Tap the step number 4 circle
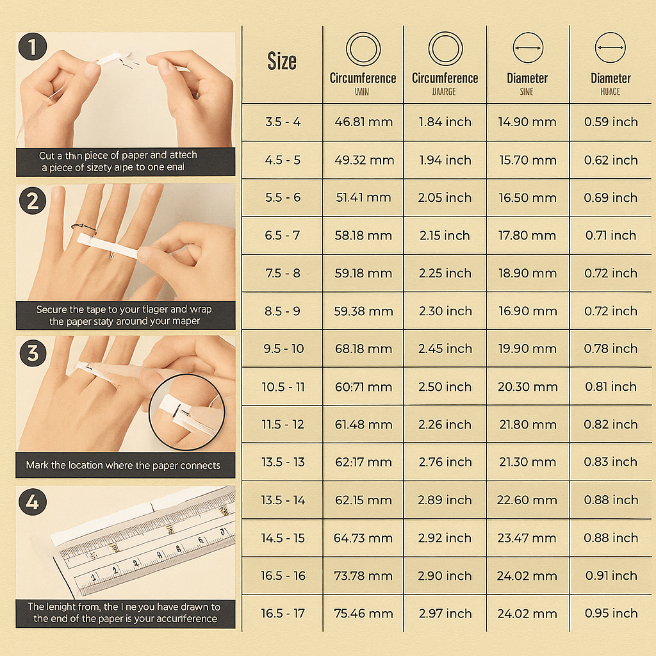[33, 503]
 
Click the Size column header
[282, 61]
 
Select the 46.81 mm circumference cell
[363, 122]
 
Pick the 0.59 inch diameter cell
[611, 122]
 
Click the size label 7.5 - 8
[283, 273]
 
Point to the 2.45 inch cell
[445, 348]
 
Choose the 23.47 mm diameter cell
[527, 537]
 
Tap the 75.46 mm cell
[363, 613]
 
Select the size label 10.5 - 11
[283, 386]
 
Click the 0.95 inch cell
[611, 613]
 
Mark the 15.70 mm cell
[527, 160]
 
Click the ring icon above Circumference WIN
[363, 49]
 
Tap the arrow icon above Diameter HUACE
[611, 49]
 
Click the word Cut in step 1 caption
[47, 156]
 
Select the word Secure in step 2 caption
[51, 309]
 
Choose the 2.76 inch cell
[445, 462]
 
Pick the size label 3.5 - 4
[283, 122]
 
